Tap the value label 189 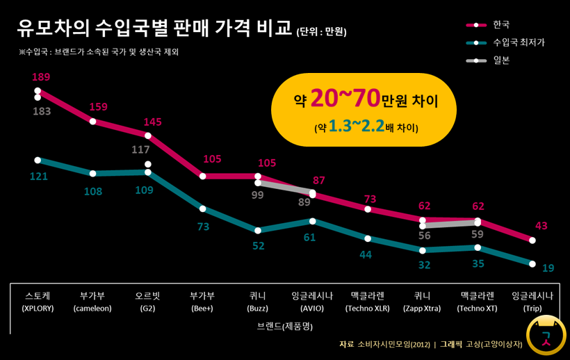41,76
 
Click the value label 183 42,111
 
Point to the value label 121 39,177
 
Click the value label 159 98,107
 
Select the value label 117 141,149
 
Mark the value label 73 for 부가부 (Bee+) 203,227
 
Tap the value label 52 258,246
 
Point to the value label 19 548,268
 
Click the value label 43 541,226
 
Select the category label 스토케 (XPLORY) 38,301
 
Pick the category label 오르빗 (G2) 147,301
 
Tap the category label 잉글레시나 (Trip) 533,301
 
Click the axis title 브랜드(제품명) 285,326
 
